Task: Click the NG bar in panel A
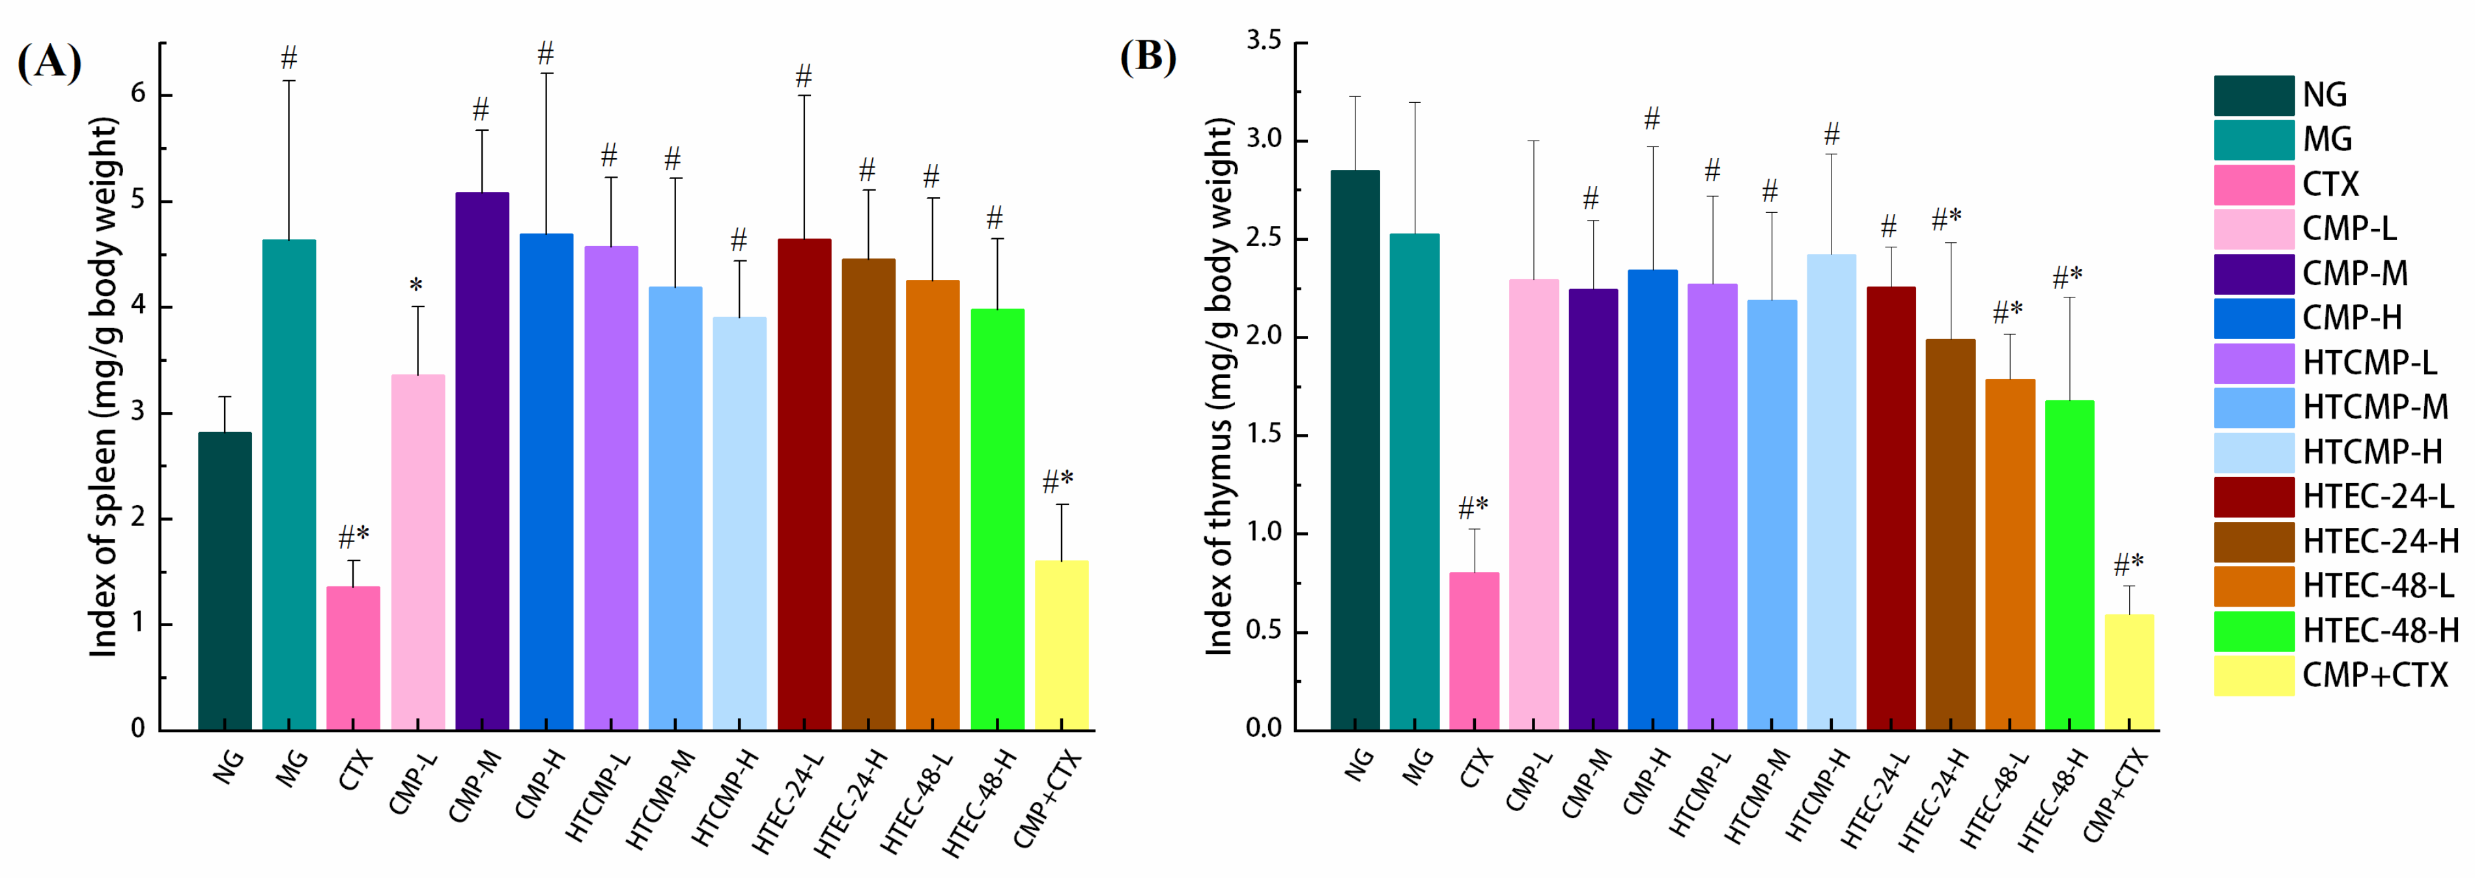click(x=225, y=581)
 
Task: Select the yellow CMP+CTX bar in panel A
click(x=1062, y=646)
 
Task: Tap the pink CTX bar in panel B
click(x=1474, y=652)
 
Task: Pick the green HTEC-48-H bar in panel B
click(x=2069, y=565)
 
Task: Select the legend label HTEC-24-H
click(x=2381, y=541)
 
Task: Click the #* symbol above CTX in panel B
click(x=1473, y=506)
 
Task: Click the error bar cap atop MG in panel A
click(x=289, y=81)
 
